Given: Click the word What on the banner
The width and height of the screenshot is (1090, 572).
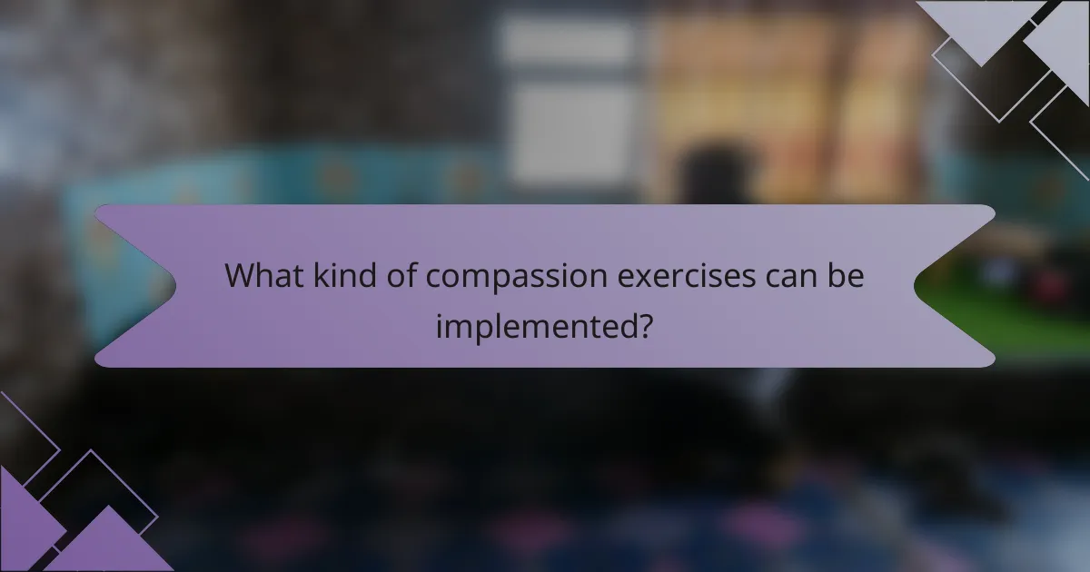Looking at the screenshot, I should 259,276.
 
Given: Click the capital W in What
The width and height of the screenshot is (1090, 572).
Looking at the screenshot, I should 239,276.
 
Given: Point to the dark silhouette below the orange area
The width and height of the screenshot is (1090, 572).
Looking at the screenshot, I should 713,177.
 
